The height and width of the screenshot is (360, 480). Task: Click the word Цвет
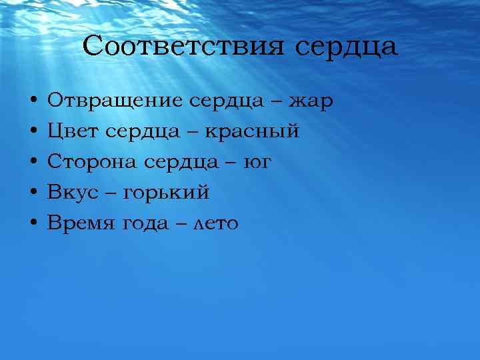tap(70, 132)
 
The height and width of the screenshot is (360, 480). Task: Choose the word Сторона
tap(89, 163)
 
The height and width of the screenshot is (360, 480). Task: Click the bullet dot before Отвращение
tap(33, 102)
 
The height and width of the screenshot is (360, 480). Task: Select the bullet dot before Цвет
tap(33, 133)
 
